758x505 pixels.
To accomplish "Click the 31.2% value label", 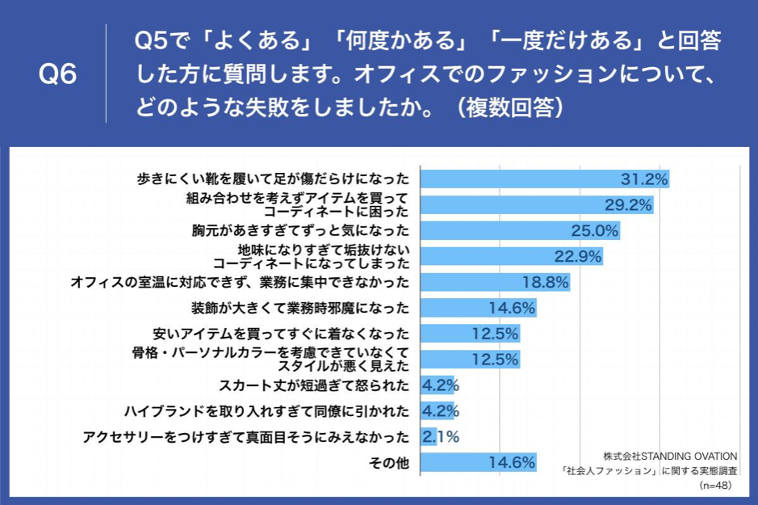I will [643, 179].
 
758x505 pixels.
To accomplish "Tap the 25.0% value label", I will [594, 231].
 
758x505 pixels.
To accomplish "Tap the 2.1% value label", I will [441, 437].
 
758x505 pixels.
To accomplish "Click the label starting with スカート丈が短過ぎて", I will [314, 385].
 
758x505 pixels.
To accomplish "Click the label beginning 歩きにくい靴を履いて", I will [274, 179].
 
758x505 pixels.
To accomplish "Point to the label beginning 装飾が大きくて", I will [300, 308].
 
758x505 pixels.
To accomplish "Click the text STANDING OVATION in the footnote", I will [689, 455].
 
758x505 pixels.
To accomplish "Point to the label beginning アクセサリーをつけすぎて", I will [246, 437].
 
